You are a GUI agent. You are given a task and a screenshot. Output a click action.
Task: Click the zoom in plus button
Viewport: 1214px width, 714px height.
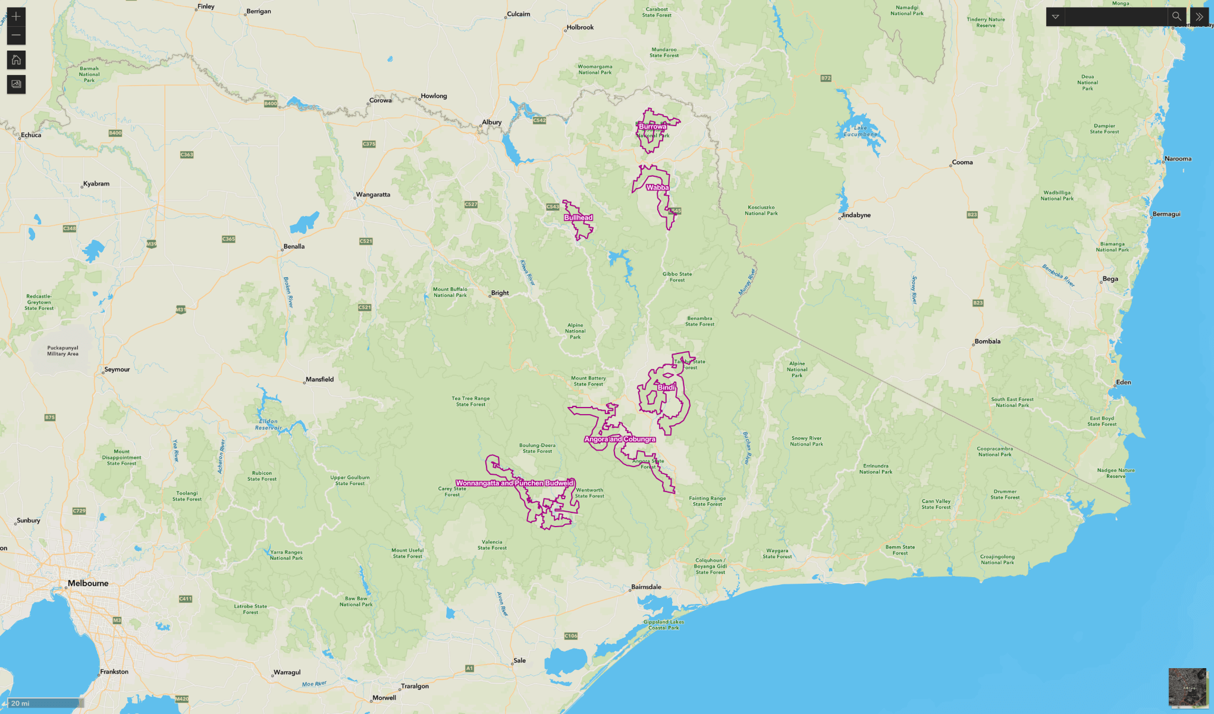pos(16,17)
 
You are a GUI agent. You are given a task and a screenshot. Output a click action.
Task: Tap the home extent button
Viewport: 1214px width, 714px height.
pos(16,59)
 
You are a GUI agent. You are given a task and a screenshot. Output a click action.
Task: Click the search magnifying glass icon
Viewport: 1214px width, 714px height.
pos(1176,17)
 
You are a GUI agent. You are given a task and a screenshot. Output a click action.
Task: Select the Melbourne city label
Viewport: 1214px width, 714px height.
pos(88,583)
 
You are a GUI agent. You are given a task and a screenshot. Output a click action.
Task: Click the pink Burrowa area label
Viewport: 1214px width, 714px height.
pos(653,126)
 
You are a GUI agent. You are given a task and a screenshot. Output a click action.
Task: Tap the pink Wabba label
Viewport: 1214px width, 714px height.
pos(658,187)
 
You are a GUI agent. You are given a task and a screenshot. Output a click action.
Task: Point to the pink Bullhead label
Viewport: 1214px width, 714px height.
pos(578,218)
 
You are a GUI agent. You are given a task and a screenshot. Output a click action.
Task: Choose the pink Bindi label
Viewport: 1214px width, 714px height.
pos(666,387)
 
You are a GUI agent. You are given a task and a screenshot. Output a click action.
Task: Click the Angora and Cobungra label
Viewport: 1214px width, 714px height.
pos(620,439)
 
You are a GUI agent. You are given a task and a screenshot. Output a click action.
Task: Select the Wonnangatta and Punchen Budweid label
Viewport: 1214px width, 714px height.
pos(515,483)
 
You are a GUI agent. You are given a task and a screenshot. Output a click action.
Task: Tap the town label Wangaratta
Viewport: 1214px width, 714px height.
pos(373,195)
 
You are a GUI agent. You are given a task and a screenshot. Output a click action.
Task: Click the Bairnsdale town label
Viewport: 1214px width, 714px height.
pos(646,587)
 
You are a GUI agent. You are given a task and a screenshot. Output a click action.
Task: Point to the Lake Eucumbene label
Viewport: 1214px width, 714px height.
pos(860,131)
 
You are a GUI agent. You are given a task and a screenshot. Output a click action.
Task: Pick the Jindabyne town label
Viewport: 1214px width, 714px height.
pos(856,215)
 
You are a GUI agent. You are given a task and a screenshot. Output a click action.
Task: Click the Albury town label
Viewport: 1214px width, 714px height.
pos(492,122)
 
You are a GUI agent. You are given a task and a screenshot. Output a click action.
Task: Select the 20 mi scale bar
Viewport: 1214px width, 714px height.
pos(45,703)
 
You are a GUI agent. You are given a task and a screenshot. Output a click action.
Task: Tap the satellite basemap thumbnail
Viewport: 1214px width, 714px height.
pos(1188,687)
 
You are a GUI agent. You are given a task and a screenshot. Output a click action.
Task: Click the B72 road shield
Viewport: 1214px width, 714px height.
pos(826,78)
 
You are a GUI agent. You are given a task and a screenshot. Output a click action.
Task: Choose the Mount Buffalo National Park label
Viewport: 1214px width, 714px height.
pos(450,292)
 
